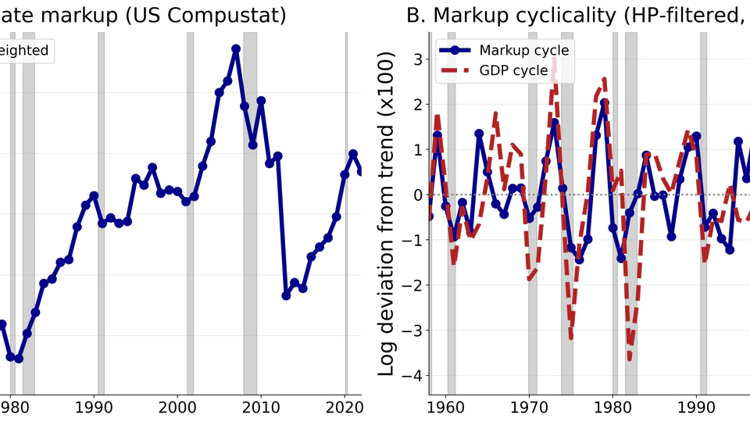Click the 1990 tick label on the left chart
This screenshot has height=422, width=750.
94,407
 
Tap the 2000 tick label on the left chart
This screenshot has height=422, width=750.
177,407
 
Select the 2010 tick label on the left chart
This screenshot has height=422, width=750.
262,407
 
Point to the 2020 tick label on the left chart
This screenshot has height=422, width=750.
345,407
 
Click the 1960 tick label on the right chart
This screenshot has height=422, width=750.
445,407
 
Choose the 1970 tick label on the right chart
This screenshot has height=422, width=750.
529,407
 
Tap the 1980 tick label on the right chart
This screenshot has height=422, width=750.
613,407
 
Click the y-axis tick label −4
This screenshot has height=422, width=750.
412,376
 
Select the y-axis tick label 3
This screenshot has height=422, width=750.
418,59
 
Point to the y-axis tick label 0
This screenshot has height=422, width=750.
418,195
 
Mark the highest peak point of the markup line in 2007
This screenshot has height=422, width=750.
236,48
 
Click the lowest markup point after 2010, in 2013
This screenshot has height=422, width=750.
286,295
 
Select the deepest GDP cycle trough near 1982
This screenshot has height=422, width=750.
630,359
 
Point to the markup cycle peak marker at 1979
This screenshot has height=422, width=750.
605,103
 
